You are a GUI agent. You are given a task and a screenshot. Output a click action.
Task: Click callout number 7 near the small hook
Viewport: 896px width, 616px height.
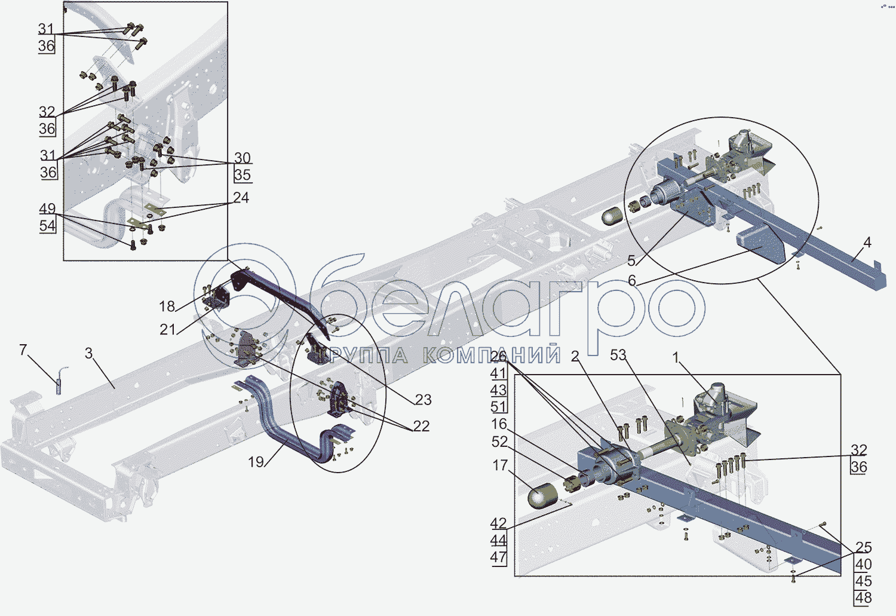(x=23, y=350)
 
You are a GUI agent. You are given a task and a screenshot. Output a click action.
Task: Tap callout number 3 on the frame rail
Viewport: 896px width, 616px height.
(x=89, y=353)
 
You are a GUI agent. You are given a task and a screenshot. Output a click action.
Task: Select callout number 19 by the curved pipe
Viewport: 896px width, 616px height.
(x=256, y=462)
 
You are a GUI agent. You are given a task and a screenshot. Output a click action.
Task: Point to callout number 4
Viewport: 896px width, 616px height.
(x=867, y=243)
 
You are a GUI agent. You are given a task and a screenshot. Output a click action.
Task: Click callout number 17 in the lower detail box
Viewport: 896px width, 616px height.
(x=500, y=465)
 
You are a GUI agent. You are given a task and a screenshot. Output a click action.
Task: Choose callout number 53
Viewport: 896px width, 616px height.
(x=618, y=355)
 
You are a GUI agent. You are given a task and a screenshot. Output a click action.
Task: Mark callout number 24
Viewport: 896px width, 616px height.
(x=241, y=198)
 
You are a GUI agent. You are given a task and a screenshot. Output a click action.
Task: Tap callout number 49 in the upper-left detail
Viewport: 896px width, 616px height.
(x=47, y=209)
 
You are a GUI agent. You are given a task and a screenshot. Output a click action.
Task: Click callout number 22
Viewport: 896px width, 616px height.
(x=421, y=426)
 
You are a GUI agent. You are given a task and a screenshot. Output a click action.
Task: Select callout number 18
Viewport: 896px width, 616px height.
(x=167, y=307)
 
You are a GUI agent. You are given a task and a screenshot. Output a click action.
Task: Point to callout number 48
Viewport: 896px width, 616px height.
(x=863, y=597)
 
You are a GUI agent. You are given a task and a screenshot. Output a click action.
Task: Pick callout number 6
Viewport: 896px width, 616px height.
(x=632, y=281)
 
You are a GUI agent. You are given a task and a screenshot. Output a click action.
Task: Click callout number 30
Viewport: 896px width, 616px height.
(x=243, y=158)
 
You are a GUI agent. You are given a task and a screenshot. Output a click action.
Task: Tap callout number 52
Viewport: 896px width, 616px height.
(x=499, y=442)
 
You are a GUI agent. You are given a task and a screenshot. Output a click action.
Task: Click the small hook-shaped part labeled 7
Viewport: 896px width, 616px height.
(x=61, y=380)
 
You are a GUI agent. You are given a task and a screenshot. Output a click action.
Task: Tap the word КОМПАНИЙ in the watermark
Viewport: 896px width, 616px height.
(x=492, y=355)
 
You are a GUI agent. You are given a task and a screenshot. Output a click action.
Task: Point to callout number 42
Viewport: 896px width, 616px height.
(x=498, y=523)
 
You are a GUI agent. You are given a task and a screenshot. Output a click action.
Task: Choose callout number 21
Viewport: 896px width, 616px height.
(x=167, y=329)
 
